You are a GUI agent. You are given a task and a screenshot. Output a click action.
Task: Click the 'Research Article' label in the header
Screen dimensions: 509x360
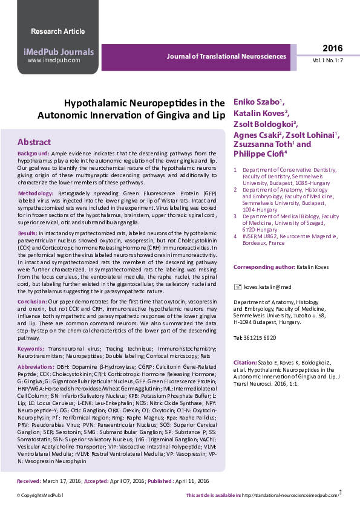coord(57,31)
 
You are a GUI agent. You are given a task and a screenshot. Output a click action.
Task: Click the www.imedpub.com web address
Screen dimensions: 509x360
coord(53,60)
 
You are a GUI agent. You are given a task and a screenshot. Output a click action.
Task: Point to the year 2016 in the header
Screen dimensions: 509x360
coord(332,48)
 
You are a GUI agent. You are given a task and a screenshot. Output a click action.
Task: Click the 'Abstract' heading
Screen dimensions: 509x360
coord(34,142)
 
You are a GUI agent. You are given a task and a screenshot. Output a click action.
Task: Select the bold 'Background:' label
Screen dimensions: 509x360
coord(33,154)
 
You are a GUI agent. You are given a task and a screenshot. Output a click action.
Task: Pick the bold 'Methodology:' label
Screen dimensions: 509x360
coord(36,193)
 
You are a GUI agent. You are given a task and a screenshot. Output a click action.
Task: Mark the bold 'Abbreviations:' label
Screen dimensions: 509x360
coord(36,366)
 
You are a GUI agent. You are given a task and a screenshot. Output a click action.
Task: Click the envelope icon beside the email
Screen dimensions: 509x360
coord(237,287)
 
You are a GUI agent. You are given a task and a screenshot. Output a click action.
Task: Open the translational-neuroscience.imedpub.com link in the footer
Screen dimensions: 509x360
coord(289,496)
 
